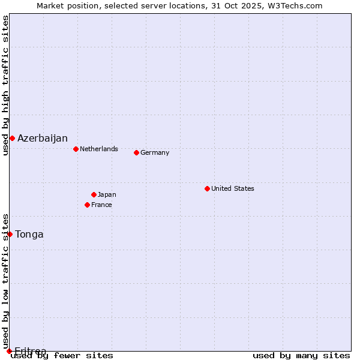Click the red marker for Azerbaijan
click(x=12, y=139)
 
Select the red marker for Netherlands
click(x=76, y=149)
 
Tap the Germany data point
click(x=136, y=152)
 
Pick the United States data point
click(x=207, y=188)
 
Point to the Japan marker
click(x=94, y=194)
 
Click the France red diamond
click(x=87, y=205)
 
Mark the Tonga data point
click(x=10, y=234)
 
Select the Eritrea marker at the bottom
click(x=9, y=351)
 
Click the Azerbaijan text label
click(x=43, y=139)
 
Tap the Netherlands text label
click(x=99, y=149)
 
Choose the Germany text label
click(x=155, y=152)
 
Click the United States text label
click(x=233, y=188)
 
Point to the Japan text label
click(x=107, y=194)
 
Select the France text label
click(x=102, y=205)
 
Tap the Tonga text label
click(x=29, y=235)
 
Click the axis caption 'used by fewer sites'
click(x=62, y=356)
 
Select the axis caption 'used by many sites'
click(x=301, y=356)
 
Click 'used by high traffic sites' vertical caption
click(x=5, y=86)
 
